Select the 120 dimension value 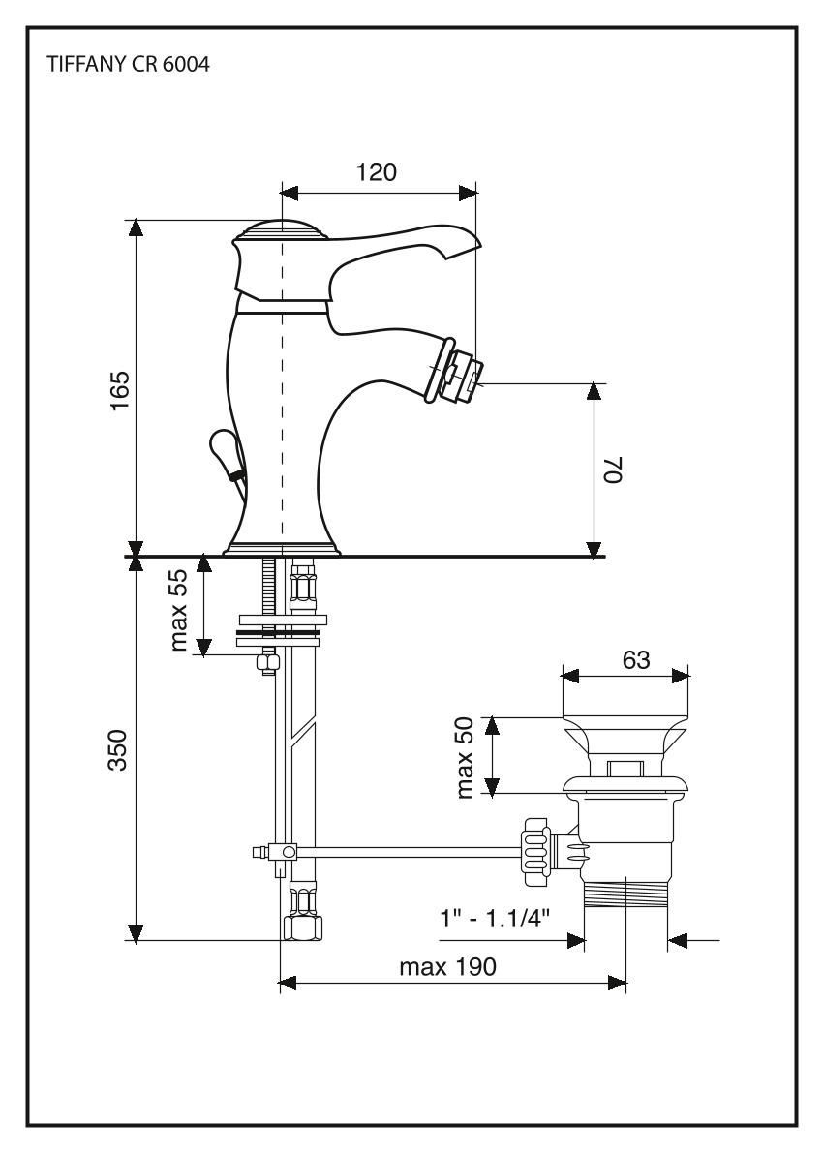coord(377,172)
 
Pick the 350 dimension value coord(118,750)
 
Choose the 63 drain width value coord(635,660)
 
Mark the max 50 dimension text coord(467,757)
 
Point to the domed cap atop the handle coord(282,230)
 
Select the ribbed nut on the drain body coord(534,847)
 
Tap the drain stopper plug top coord(625,736)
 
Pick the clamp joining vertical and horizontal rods coord(284,852)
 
